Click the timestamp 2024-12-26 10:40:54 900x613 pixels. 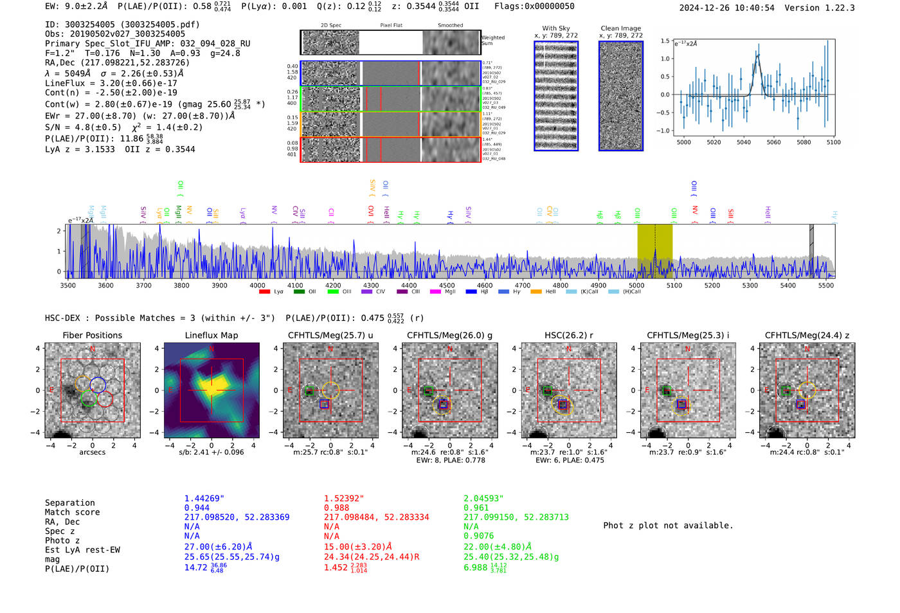[726, 8]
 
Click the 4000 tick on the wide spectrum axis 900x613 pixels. [257, 286]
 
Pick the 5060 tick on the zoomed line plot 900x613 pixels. [773, 142]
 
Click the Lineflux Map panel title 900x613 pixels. [211, 335]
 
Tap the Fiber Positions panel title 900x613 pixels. [92, 335]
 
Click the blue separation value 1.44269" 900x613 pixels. [204, 499]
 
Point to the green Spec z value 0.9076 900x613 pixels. [478, 536]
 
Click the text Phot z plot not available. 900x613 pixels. [668, 526]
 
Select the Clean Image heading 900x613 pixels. [620, 28]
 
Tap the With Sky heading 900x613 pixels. [555, 28]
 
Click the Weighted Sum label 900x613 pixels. [492, 41]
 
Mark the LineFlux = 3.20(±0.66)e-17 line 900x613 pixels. [111, 83]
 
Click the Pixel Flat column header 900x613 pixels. [391, 26]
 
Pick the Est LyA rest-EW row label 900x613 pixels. [82, 550]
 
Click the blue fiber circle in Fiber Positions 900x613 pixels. [98, 385]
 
